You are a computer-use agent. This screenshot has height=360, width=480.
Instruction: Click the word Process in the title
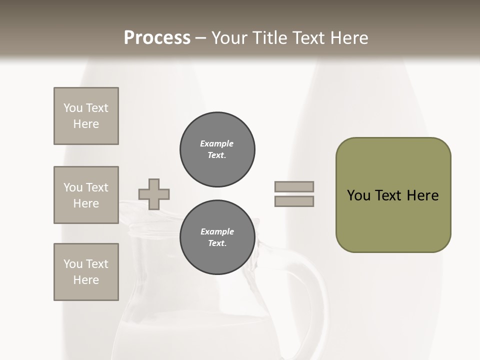click(x=157, y=38)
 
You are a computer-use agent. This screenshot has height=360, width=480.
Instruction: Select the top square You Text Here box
click(x=86, y=116)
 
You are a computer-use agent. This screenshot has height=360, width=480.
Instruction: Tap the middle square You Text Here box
click(x=86, y=195)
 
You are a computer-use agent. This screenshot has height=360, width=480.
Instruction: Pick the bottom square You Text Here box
click(x=86, y=272)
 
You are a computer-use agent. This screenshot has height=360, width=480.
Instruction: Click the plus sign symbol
click(x=154, y=194)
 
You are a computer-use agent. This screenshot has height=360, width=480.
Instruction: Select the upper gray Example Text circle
click(x=217, y=149)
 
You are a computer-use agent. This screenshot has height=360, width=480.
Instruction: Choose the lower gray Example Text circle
click(x=217, y=237)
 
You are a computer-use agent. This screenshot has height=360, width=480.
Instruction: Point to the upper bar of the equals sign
click(x=294, y=186)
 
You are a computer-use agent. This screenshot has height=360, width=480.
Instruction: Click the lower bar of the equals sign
click(x=294, y=201)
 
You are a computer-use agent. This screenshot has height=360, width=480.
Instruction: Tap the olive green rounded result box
click(x=393, y=220)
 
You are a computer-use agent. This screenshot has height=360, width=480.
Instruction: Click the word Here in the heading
click(x=348, y=38)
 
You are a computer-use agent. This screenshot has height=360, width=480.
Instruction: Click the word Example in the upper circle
click(x=217, y=143)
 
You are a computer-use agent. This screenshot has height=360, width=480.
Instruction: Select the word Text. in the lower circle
click(x=217, y=243)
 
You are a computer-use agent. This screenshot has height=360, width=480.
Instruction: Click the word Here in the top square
click(x=86, y=124)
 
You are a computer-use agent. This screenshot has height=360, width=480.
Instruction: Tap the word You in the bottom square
click(x=73, y=264)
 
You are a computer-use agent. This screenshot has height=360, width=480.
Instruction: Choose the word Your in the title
click(x=230, y=38)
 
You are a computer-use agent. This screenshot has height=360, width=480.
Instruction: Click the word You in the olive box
click(x=358, y=195)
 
